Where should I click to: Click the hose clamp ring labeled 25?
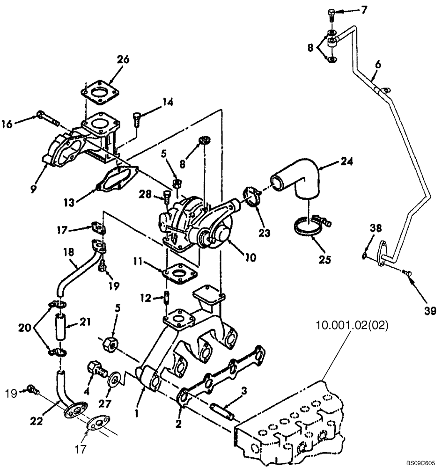[307, 228]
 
